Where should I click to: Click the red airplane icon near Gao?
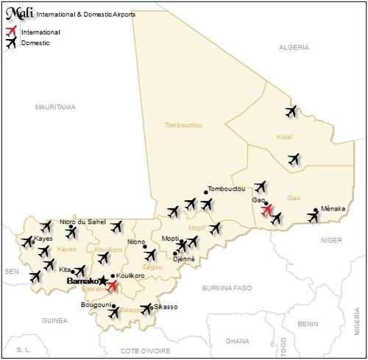point(268,211)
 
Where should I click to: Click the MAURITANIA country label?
point(56,107)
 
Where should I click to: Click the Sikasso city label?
point(166,306)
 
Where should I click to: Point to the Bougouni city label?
point(94,304)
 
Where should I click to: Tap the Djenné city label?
point(183,258)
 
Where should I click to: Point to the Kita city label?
point(66,270)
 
